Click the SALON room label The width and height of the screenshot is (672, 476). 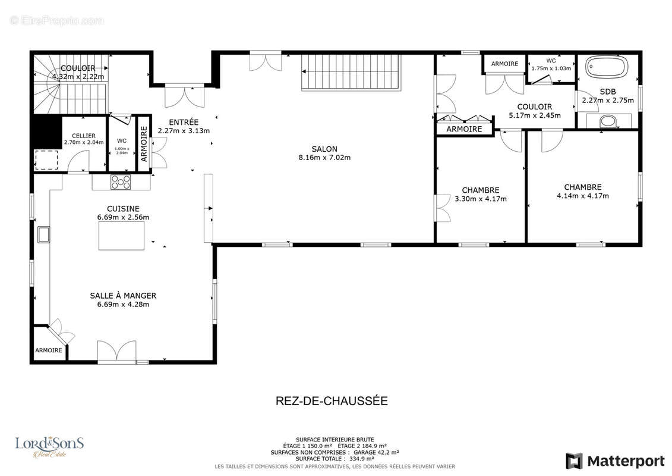point(324,149)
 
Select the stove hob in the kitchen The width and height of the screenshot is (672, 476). point(121,182)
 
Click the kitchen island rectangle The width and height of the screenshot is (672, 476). point(121,236)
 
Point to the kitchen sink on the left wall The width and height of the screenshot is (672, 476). point(43,234)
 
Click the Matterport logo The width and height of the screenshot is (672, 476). point(615,461)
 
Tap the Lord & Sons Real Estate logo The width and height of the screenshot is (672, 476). point(49,447)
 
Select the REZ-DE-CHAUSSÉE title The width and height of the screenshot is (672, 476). point(332,400)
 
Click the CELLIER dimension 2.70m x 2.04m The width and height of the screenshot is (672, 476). point(84,142)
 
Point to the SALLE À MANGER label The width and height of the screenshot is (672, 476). point(123,296)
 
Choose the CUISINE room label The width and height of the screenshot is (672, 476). point(123,209)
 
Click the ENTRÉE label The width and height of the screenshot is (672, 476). point(184,122)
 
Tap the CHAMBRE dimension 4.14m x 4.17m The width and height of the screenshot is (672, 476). point(582,196)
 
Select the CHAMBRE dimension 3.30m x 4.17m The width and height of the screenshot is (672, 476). point(481,199)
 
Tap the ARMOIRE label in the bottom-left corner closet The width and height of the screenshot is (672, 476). point(49,350)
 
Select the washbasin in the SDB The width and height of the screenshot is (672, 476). point(608,121)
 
